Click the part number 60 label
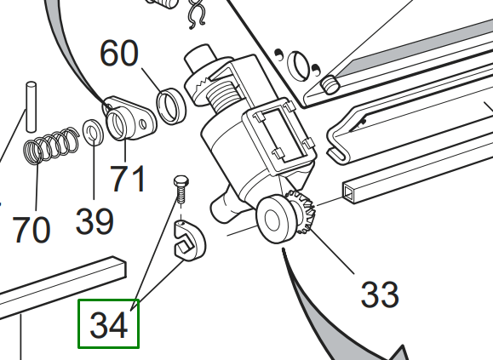(x=119, y=54)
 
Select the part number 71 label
(x=128, y=178)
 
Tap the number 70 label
(x=32, y=230)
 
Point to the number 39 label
(x=95, y=222)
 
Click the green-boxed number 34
(x=109, y=324)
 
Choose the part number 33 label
(x=380, y=294)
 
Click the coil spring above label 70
(x=51, y=146)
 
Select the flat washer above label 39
(x=93, y=132)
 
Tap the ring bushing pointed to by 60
(x=171, y=106)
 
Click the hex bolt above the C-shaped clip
(x=181, y=190)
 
